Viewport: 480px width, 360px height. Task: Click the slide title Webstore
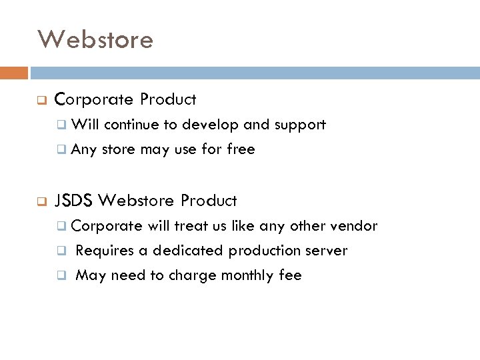tap(95, 39)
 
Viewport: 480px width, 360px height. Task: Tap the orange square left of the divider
tap(14, 73)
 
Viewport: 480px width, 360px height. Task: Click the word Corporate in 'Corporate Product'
tap(95, 100)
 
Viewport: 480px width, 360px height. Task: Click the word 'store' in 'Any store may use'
tap(118, 149)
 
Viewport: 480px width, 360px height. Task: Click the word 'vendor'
tap(353, 225)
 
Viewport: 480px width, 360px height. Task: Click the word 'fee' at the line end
tap(290, 275)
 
